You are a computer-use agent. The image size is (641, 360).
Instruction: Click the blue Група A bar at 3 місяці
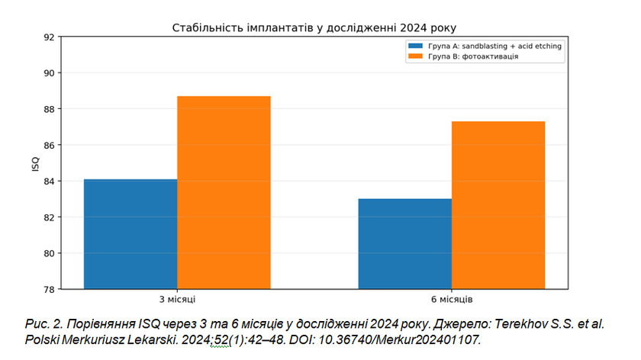tap(130, 234)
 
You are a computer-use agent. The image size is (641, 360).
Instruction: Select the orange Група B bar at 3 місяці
tap(224, 192)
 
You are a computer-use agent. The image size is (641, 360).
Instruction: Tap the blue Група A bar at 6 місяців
tap(405, 244)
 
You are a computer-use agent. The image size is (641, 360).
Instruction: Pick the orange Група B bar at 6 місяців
tap(498, 205)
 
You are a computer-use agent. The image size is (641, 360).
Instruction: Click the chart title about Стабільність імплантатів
tap(314, 27)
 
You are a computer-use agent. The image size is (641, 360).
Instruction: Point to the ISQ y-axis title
tap(36, 164)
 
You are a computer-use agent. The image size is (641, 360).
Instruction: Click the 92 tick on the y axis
tap(49, 37)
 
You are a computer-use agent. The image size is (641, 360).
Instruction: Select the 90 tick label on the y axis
tap(49, 73)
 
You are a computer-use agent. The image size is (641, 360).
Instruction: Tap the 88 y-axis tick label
tap(49, 109)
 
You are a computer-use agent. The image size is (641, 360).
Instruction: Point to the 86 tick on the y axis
tap(49, 145)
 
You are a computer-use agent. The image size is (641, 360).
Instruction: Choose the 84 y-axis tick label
tap(49, 181)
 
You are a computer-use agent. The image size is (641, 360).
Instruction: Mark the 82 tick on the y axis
tap(49, 217)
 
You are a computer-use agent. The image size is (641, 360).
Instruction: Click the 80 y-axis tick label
tap(49, 253)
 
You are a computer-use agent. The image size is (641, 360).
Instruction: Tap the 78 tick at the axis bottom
tap(49, 289)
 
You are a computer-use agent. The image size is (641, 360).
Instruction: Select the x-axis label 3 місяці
tap(177, 300)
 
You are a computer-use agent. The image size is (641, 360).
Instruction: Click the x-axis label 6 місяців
tap(452, 300)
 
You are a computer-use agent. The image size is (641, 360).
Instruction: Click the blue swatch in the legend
tap(415, 46)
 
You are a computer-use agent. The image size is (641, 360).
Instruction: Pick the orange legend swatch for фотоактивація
tap(415, 56)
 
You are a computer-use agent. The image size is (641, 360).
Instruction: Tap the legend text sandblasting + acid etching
tap(512, 47)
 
